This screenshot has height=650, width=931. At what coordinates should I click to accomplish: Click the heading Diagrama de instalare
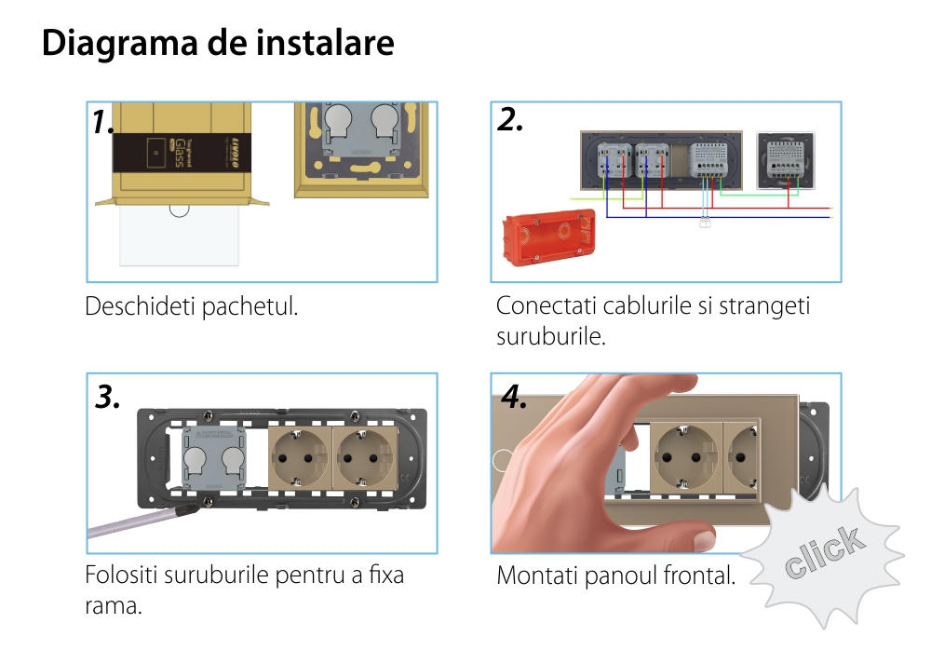218,44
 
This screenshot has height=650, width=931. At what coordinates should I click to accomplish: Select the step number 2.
510,120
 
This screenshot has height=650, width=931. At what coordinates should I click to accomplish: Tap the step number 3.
108,397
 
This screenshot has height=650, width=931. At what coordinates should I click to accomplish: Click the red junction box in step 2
547,240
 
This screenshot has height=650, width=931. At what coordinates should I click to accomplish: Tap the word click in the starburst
823,553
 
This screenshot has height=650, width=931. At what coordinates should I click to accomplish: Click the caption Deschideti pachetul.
192,306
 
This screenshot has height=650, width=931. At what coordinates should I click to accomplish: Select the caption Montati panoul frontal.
615,576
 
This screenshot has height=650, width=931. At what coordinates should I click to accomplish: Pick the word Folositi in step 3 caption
120,575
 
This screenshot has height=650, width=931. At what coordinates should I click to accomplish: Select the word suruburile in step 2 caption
551,335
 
